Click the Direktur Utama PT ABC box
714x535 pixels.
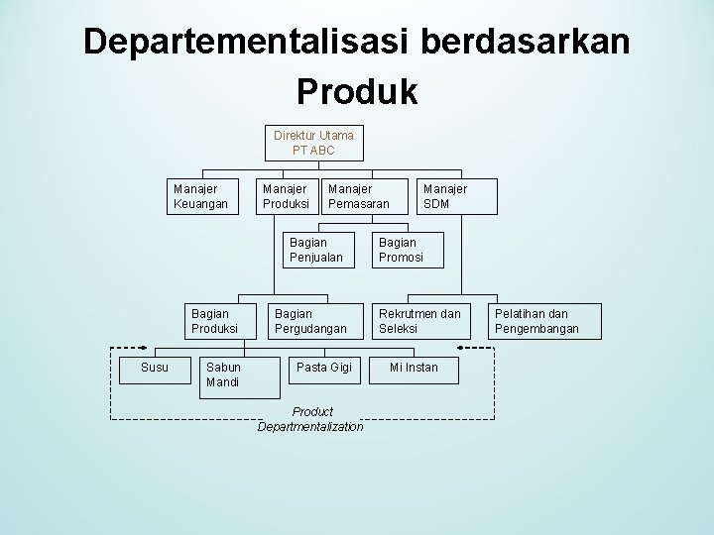[x=313, y=142]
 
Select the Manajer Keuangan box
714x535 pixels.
[x=200, y=195]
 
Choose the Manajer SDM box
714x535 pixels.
[x=444, y=195]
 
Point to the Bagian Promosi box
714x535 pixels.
[x=408, y=249]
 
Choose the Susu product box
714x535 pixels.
[x=155, y=368]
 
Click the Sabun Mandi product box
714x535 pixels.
[x=228, y=374]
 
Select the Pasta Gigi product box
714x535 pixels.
[x=325, y=368]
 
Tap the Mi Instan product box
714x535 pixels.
[x=414, y=368]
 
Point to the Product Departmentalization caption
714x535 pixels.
[x=310, y=418]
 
